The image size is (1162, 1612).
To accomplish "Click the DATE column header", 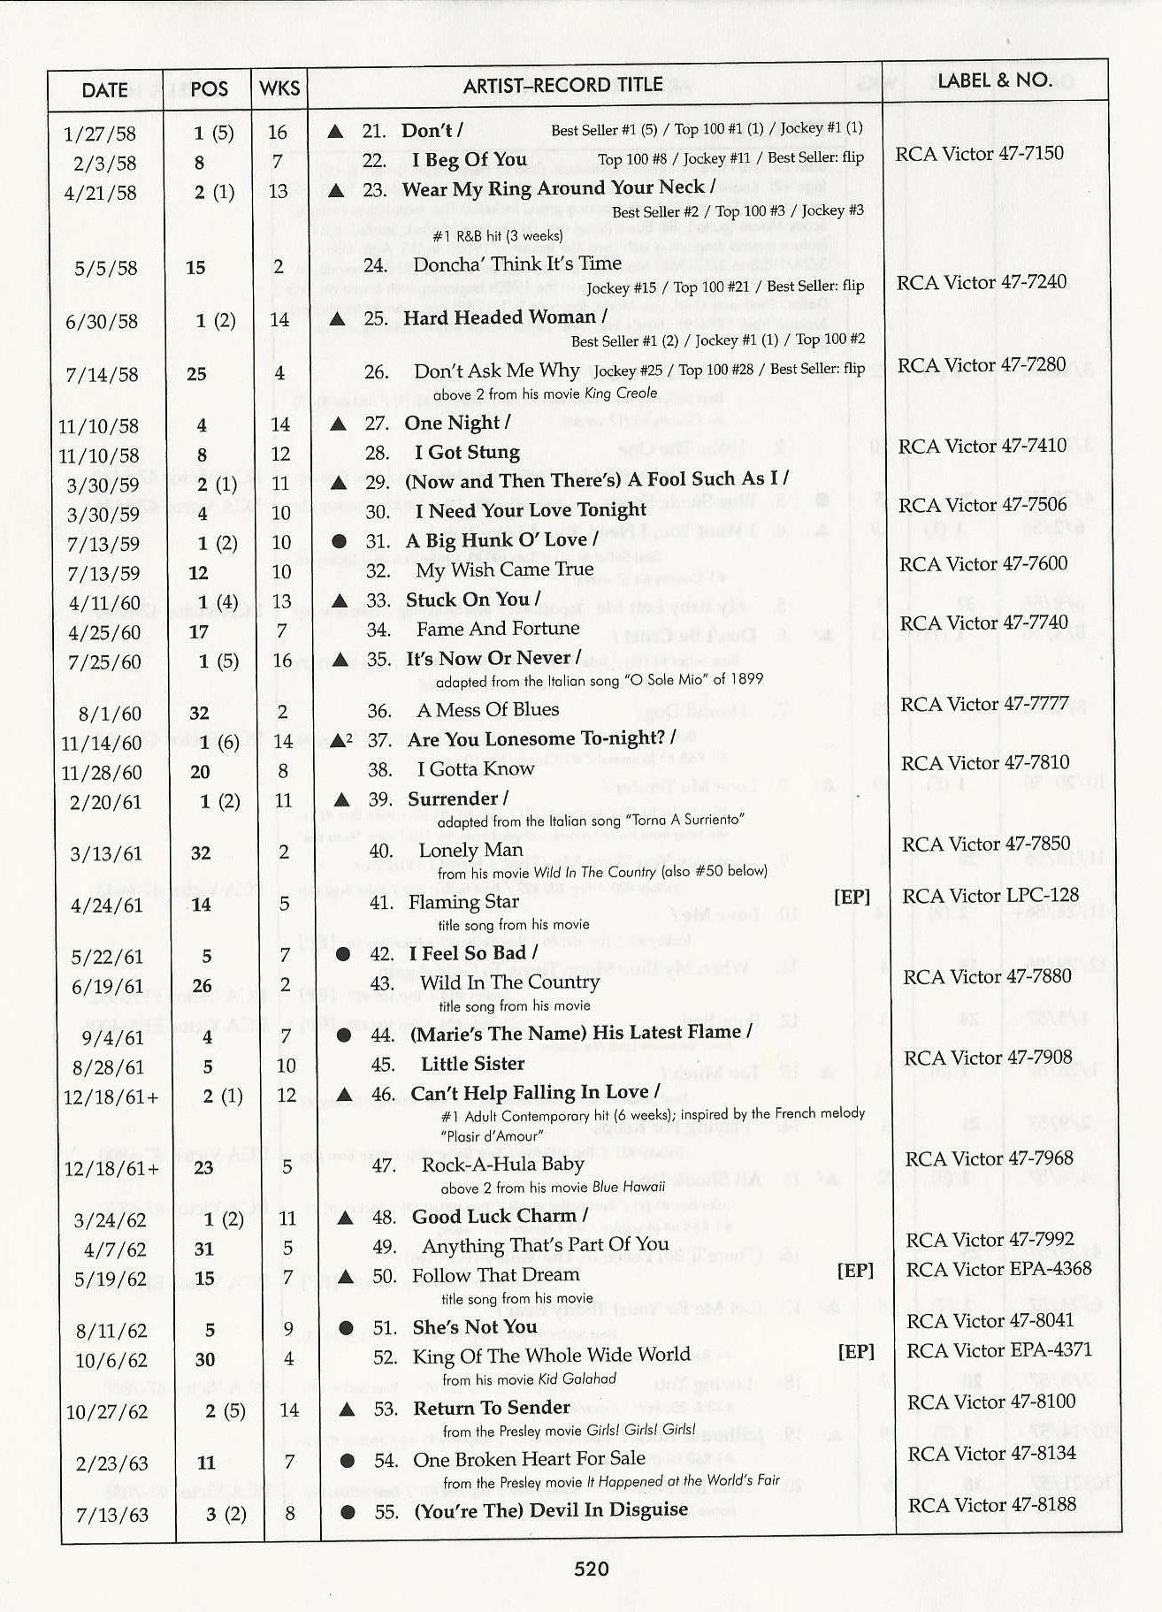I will (x=104, y=90).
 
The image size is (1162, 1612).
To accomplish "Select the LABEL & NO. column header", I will (x=994, y=80).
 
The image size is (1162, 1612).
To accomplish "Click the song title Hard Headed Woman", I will (x=500, y=317).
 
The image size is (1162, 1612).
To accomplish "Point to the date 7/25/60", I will (x=103, y=662).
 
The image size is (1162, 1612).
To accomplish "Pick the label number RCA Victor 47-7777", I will (x=984, y=705).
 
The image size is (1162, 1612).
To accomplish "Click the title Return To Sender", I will (x=492, y=1408).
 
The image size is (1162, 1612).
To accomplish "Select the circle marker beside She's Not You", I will (x=347, y=1328).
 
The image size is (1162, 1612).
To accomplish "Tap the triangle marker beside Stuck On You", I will (x=338, y=600).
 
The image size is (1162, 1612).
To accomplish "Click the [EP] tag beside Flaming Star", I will (x=852, y=898).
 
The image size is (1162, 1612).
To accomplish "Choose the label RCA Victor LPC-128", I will (x=990, y=896).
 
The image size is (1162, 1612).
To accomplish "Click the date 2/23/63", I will (x=111, y=1463).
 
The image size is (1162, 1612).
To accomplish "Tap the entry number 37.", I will (x=378, y=740).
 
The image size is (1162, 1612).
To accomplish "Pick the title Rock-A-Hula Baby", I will (x=502, y=1165).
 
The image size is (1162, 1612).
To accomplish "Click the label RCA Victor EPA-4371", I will (x=999, y=1350).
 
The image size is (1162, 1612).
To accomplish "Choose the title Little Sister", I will (x=472, y=1064).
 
